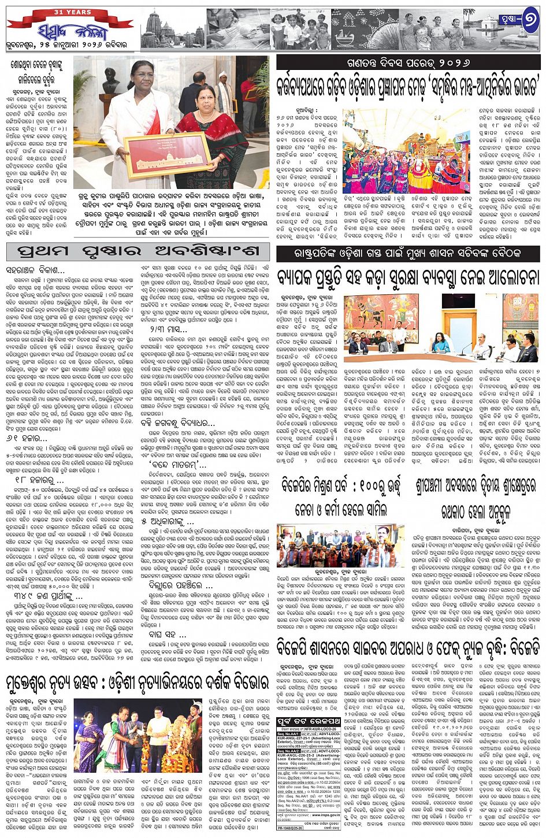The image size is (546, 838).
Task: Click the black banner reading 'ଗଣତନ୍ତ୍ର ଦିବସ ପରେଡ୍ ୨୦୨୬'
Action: pos(408,62)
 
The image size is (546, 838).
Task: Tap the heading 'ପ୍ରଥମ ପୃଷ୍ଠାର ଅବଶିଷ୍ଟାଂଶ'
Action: pos(138,252)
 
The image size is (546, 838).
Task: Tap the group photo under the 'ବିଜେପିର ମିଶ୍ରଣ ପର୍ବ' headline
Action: pos(340,546)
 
